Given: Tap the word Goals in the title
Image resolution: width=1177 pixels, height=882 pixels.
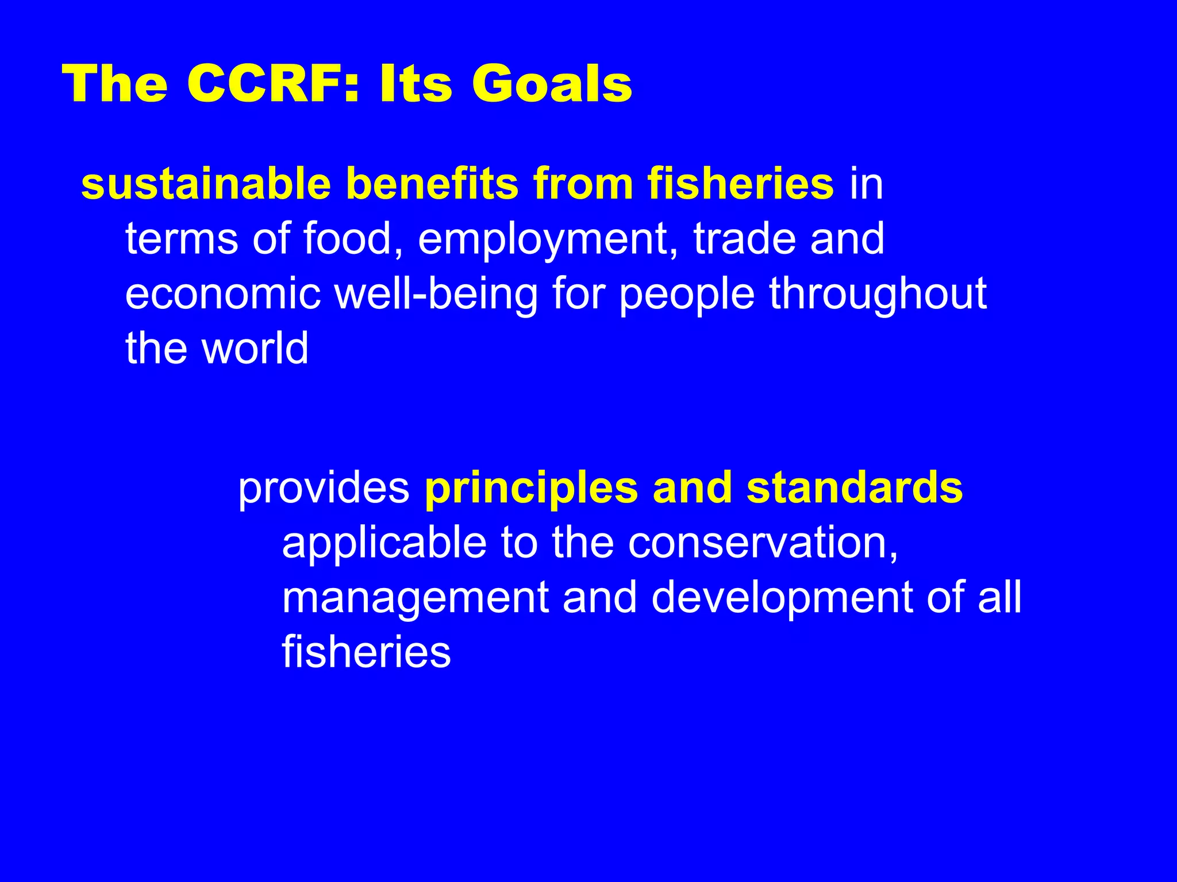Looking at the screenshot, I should pyautogui.click(x=552, y=84).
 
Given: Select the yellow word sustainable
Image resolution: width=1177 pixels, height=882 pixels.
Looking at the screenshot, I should pyautogui.click(x=206, y=184).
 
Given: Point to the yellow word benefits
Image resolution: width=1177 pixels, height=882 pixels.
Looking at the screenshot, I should pyautogui.click(x=432, y=184).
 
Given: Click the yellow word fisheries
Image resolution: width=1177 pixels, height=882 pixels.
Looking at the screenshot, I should pyautogui.click(x=740, y=184).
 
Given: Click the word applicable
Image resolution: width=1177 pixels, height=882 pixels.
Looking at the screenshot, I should pyautogui.click(x=384, y=543).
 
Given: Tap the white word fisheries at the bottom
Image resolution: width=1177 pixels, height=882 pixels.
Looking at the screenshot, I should pyautogui.click(x=366, y=652).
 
